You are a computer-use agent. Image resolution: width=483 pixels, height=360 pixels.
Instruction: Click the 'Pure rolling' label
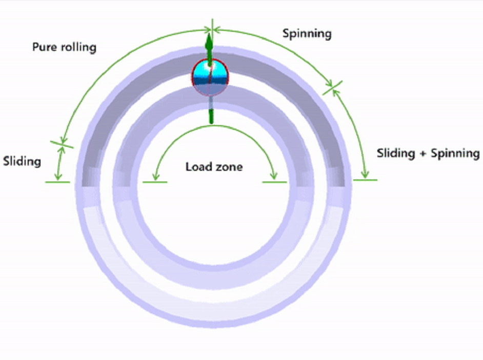[x=64, y=47]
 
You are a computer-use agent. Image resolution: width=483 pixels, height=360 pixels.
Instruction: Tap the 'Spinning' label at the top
[x=307, y=34]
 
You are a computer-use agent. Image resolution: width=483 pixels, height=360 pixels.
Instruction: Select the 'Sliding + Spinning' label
[x=428, y=153]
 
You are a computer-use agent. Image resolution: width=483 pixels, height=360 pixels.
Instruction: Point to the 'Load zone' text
[x=214, y=167]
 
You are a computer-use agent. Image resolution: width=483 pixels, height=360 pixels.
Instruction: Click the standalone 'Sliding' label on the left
[x=22, y=162]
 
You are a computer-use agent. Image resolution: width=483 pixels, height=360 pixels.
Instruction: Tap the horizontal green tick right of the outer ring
[x=365, y=180]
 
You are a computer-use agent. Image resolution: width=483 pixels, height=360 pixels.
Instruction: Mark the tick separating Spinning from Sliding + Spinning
[x=333, y=88]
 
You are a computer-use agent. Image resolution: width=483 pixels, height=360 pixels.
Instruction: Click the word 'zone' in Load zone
[x=230, y=167]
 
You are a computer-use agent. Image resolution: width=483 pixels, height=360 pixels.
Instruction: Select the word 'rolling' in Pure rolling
[x=78, y=47]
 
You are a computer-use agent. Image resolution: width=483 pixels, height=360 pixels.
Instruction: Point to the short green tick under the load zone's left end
[x=155, y=182]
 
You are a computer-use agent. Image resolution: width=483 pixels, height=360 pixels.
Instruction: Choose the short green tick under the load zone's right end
[x=274, y=182]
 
